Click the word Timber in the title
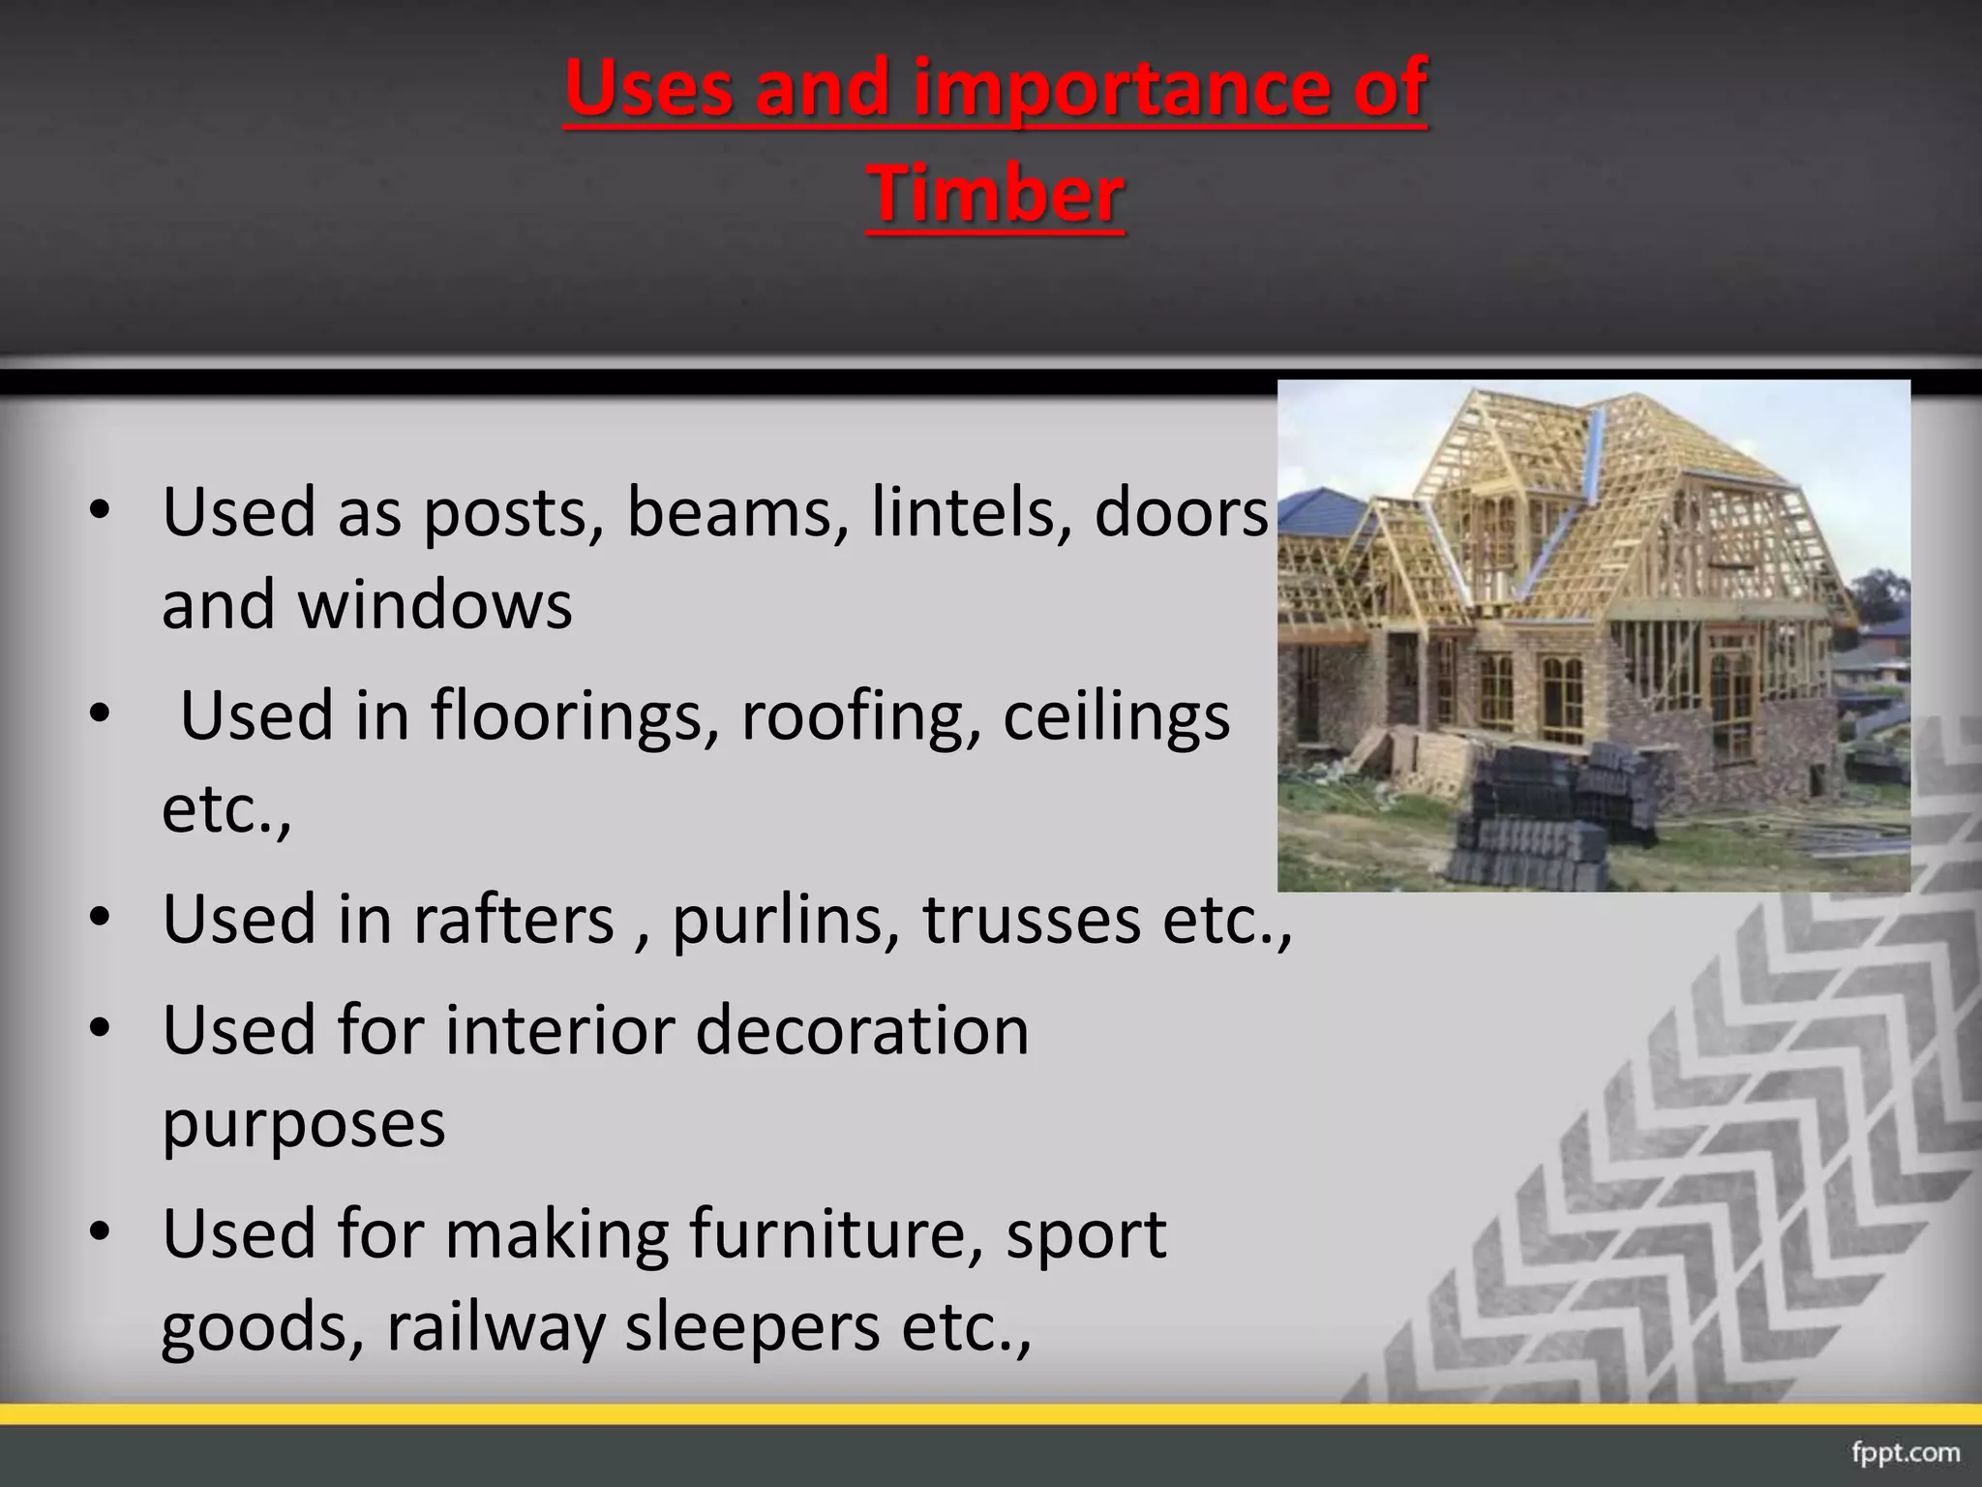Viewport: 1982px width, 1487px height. [996, 194]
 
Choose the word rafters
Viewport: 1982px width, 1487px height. [514, 919]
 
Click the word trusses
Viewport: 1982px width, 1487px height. [1032, 919]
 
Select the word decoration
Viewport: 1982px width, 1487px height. [861, 1030]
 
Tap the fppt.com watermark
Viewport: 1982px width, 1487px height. [1906, 1453]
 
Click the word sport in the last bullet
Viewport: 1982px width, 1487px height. [1086, 1234]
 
